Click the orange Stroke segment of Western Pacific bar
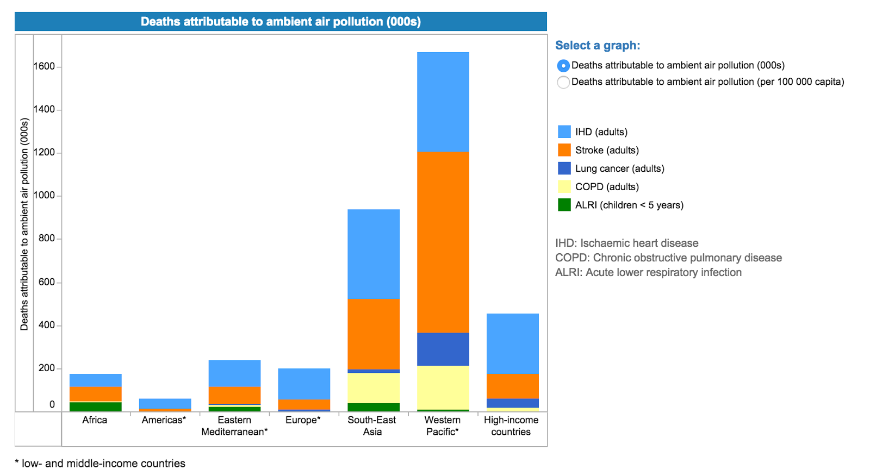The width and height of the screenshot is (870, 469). point(443,242)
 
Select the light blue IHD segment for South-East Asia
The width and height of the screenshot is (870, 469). point(373,254)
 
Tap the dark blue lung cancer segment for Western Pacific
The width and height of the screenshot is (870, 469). point(443,349)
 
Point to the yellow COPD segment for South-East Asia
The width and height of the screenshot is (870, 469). point(373,387)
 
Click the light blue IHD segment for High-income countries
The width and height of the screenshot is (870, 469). point(512,343)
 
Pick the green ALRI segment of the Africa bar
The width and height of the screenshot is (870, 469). point(95,407)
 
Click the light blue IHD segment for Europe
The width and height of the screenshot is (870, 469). point(304,384)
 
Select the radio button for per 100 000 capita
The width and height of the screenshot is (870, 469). point(563,82)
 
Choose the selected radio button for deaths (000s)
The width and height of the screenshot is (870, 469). point(563,66)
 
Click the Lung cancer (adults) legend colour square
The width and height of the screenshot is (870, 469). point(564,168)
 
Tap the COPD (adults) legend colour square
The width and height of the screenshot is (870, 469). point(564,187)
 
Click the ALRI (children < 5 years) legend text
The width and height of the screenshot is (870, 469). point(629,205)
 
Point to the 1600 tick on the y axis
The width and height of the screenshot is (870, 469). point(45,66)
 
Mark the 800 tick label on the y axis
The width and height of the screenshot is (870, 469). point(47,238)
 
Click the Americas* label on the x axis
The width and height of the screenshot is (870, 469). point(164,420)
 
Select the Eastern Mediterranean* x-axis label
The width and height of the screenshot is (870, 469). point(234,426)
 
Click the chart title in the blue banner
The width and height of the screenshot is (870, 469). point(281,22)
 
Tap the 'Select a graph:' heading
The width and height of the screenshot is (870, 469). point(598,46)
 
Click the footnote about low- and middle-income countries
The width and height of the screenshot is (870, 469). point(100,463)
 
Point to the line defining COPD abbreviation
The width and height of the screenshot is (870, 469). point(668,258)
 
